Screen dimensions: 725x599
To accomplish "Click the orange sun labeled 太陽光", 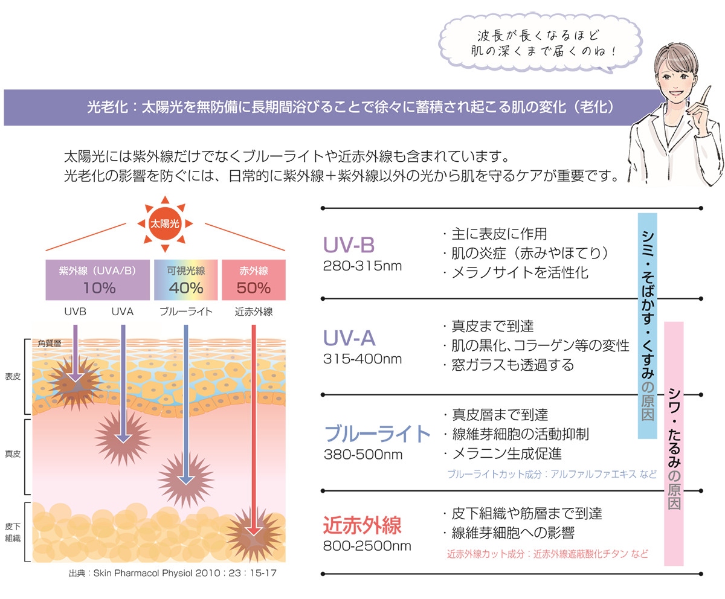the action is pos(165,224).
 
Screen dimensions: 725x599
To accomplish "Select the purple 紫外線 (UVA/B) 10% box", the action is pos(97,280).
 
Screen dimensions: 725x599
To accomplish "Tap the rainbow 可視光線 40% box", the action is pos(185,280).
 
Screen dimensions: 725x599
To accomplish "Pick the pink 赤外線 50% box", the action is pos(254,280).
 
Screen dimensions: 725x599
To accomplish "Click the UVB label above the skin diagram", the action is pos(75,312).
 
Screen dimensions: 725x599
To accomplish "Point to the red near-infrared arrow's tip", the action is pos(254,535).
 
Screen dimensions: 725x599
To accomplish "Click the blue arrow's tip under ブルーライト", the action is pos(185,484).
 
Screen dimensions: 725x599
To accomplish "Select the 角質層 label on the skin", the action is pos(50,344).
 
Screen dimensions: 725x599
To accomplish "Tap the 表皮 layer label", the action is pos(13,377).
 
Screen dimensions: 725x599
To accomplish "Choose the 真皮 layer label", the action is pos(13,454).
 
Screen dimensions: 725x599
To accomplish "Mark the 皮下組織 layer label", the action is pos(13,533).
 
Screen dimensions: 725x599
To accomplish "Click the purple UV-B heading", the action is pos(349,245).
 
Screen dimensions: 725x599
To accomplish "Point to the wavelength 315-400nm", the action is pos(362,359).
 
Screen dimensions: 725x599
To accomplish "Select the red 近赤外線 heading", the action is pos(362,525).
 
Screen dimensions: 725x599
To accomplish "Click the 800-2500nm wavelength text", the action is pos(367,546).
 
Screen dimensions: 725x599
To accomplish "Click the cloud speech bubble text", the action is pos(538,43).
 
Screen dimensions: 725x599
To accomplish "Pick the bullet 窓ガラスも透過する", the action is pos(509,365).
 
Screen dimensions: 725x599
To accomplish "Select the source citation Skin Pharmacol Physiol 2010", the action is pos(173,573).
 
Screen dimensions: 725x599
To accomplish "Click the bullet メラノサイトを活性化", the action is pos(516,273).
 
